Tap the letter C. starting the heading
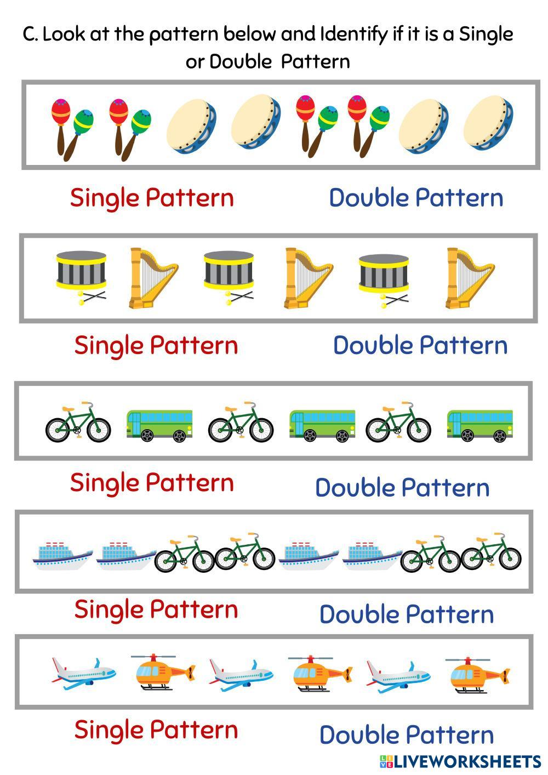[x=30, y=35]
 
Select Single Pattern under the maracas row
[x=152, y=197]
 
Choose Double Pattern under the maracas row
[x=416, y=197]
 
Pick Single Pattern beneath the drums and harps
[x=156, y=345]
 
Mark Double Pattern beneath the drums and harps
[x=420, y=345]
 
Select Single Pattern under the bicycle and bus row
[x=152, y=482]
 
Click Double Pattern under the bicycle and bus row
[x=402, y=487]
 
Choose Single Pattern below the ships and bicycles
[x=156, y=609]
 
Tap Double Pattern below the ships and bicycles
[x=407, y=614]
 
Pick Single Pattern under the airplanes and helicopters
[x=156, y=730]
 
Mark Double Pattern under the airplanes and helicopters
[x=407, y=734]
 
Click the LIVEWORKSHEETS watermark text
[x=466, y=761]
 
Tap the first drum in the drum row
[x=81, y=273]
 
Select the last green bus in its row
[x=480, y=426]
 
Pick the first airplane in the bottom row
[x=83, y=673]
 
